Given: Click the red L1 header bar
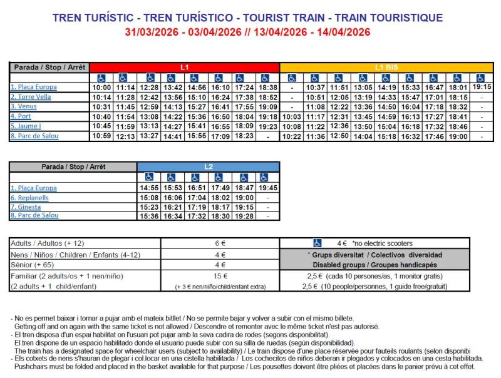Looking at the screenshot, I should coord(184,67).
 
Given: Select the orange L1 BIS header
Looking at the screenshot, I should coord(386,67).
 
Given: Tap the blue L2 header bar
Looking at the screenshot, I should coord(208,166).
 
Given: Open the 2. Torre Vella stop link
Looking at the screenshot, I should coord(31,97).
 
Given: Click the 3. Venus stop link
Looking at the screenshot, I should coord(25,106).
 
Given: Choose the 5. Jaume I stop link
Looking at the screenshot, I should coord(26,126).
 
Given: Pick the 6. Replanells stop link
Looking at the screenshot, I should coord(29,197).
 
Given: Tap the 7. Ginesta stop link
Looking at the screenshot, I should coord(26,207).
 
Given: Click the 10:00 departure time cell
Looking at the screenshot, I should coord(101,88).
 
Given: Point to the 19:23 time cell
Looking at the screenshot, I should coord(267,126).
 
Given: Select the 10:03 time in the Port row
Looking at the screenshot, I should coord(292,116).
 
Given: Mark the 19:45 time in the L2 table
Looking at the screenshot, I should coord(267,188).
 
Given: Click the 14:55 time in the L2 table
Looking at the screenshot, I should coord(148,188).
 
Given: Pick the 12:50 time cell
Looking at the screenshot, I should coord(339,136).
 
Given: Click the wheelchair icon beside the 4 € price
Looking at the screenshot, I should coord(317,243).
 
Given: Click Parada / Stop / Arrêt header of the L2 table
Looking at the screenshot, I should coord(73,166).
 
